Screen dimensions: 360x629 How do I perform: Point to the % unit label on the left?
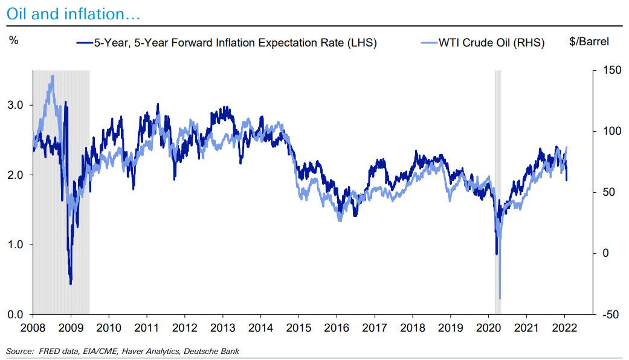click(x=14, y=42)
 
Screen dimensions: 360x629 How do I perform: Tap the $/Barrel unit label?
click(x=589, y=42)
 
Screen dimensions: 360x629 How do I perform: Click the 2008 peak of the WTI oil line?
click(x=53, y=76)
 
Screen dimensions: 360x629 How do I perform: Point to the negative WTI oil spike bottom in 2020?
click(x=500, y=298)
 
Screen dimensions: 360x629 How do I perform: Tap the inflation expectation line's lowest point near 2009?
click(x=71, y=283)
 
